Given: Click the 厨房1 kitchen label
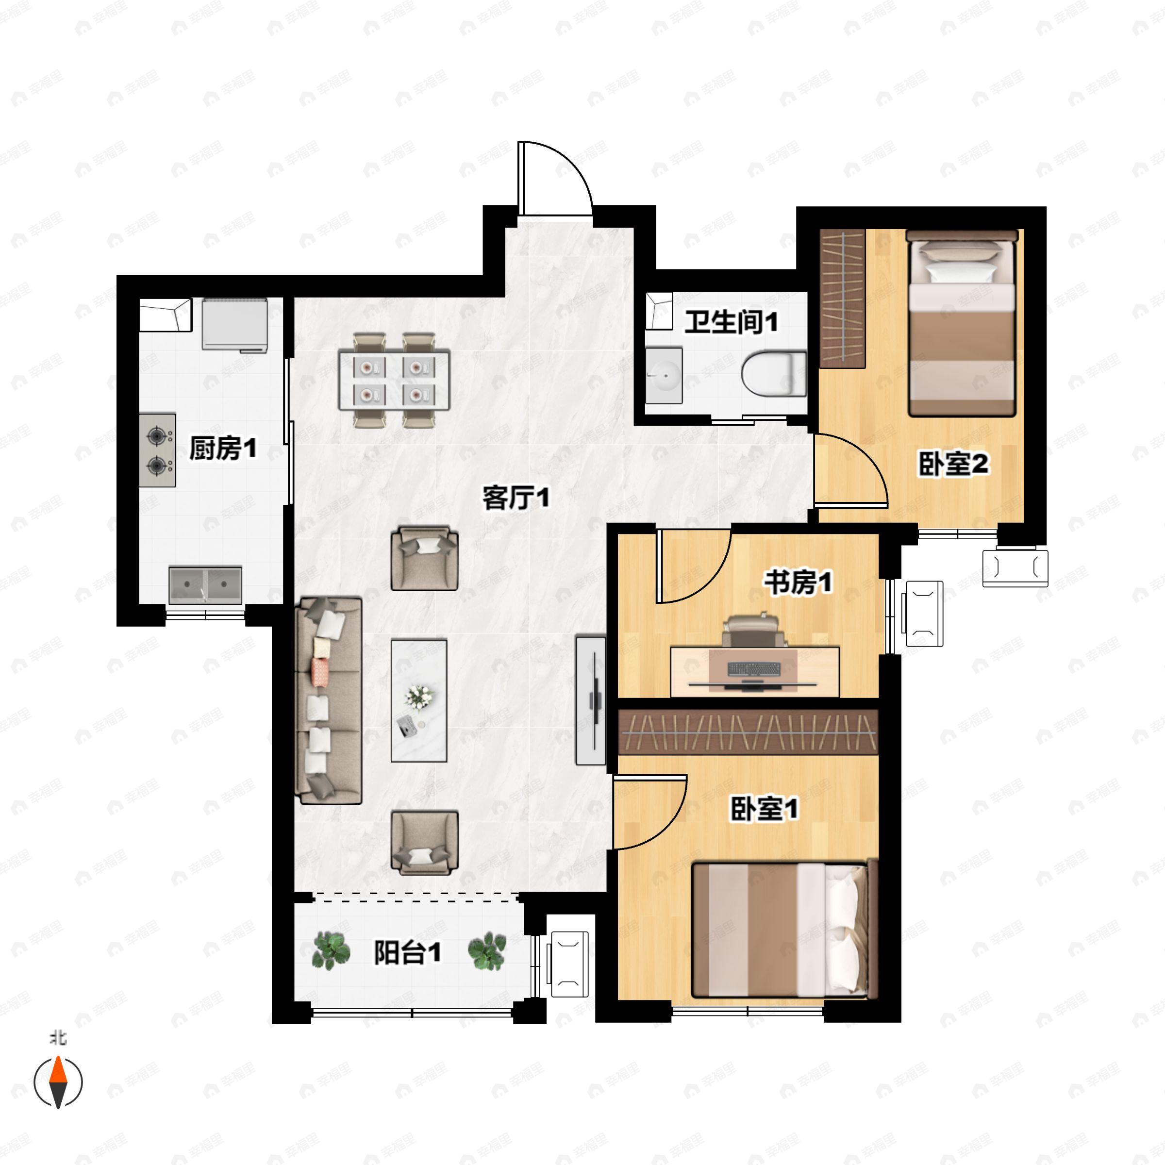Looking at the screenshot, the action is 223,449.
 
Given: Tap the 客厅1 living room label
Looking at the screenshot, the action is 516,498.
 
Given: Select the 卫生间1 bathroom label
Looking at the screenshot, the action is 731,323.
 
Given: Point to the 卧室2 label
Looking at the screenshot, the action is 954,465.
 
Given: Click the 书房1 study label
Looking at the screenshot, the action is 799,583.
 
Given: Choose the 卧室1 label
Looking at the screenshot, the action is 765,809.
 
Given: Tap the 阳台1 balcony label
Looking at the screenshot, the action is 407,953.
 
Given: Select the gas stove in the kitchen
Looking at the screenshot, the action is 158,450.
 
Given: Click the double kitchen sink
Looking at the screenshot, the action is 206,584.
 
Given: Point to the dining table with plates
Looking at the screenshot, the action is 395,380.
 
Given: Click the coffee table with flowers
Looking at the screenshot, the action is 419,700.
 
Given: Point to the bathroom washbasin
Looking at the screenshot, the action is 664,375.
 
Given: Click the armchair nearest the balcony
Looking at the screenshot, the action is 425,842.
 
